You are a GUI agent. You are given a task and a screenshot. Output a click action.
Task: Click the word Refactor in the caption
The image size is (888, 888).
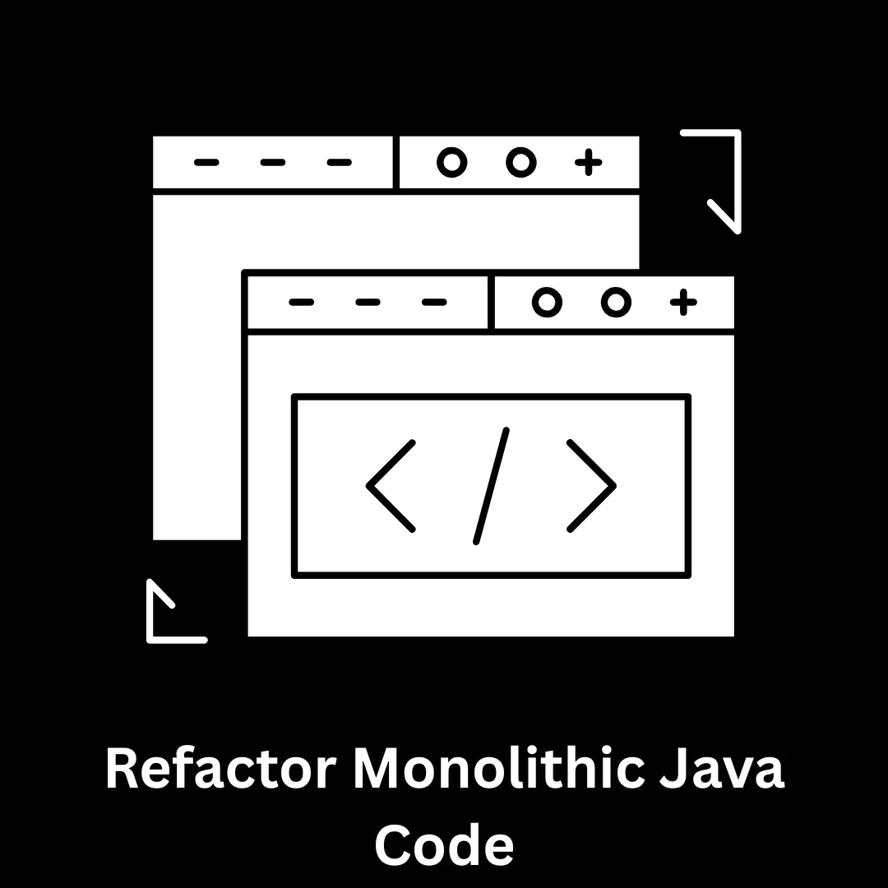221,769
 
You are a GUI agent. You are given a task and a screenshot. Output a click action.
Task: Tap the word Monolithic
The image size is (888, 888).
499,768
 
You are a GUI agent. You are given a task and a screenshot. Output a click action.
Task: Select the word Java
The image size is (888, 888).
722,769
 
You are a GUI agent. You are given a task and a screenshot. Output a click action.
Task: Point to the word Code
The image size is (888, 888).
445,844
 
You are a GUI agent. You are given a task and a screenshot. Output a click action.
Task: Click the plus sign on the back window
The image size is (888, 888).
589,163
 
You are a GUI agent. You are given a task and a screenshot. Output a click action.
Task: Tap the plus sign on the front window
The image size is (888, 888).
683,302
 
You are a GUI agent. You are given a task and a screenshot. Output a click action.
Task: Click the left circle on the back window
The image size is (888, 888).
452,163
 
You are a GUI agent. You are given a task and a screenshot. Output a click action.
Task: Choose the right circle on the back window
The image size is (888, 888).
521,163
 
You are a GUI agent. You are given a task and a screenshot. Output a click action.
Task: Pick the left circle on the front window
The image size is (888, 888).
547,302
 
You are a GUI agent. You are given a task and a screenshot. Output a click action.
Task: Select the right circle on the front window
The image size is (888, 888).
616,302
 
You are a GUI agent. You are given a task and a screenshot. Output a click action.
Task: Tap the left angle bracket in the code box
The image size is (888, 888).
391,486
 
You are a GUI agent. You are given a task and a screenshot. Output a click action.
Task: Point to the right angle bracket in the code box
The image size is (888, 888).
591,486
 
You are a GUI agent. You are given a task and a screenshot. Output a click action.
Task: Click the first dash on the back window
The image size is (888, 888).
206,163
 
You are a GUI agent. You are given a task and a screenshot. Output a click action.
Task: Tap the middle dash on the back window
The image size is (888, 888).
273,163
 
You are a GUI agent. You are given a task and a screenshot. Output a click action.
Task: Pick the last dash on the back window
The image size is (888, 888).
340,163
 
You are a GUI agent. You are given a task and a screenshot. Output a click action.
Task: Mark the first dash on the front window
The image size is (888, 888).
301,302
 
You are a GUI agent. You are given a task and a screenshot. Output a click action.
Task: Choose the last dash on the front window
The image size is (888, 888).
434,302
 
